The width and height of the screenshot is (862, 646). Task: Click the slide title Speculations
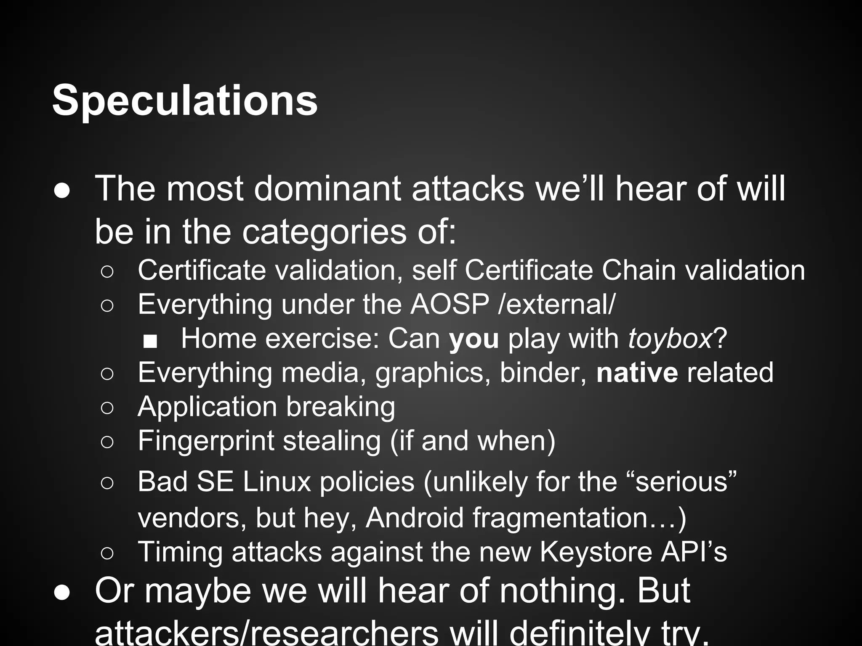(x=185, y=101)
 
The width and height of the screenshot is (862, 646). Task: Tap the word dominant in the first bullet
(x=327, y=189)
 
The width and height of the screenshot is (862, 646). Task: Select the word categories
(x=324, y=232)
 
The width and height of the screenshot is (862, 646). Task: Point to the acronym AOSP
(x=450, y=304)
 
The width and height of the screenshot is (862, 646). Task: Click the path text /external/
(x=556, y=304)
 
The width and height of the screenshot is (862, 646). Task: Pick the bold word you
(x=474, y=339)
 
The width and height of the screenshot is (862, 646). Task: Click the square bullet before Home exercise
(x=150, y=341)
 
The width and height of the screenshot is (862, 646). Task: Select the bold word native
(x=637, y=373)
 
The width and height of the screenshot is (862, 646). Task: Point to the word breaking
(x=341, y=407)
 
